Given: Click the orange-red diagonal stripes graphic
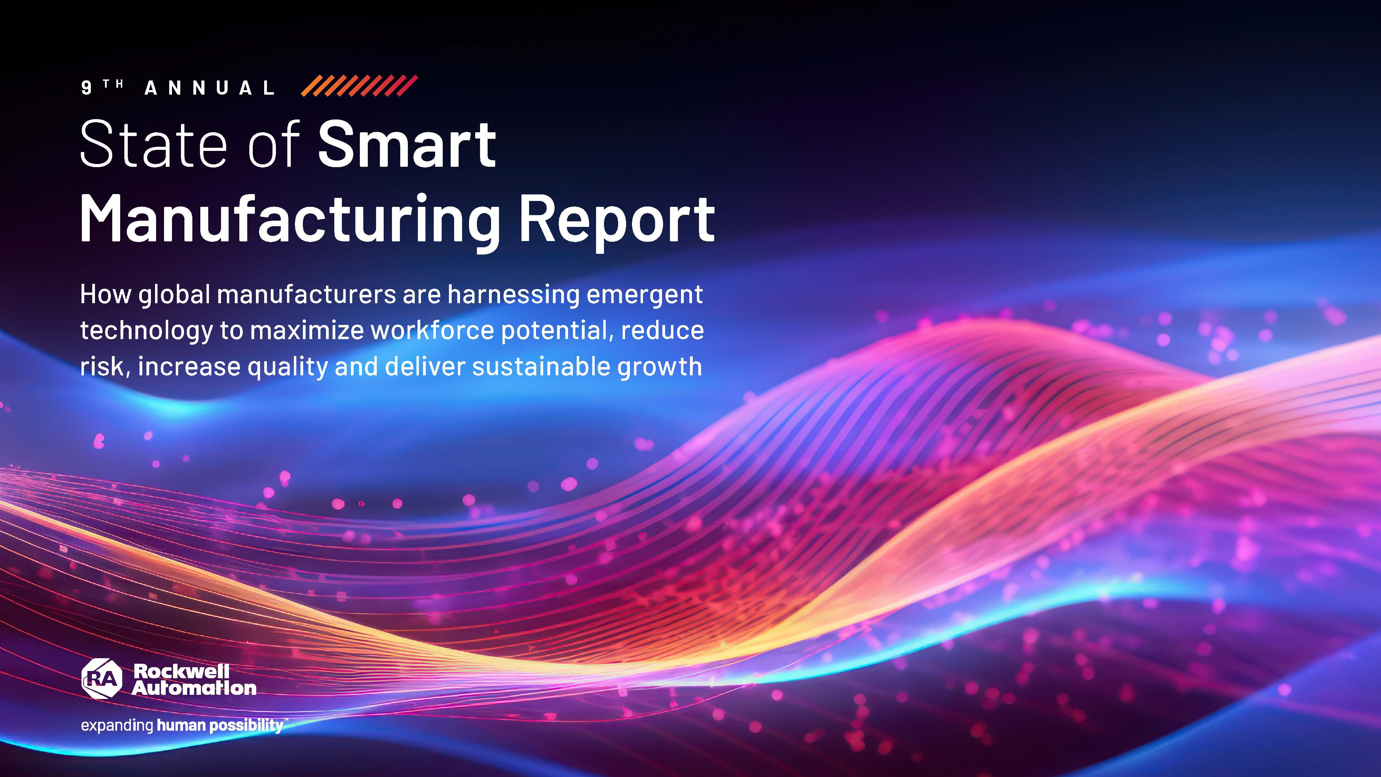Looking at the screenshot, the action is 359,86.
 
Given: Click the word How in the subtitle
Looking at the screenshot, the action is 106,294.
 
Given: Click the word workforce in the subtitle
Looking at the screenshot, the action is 432,330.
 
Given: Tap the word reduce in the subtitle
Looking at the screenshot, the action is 662,330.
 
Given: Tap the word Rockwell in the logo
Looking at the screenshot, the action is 181,671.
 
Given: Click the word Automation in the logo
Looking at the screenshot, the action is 194,688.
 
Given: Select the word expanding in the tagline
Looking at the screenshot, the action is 117,726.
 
